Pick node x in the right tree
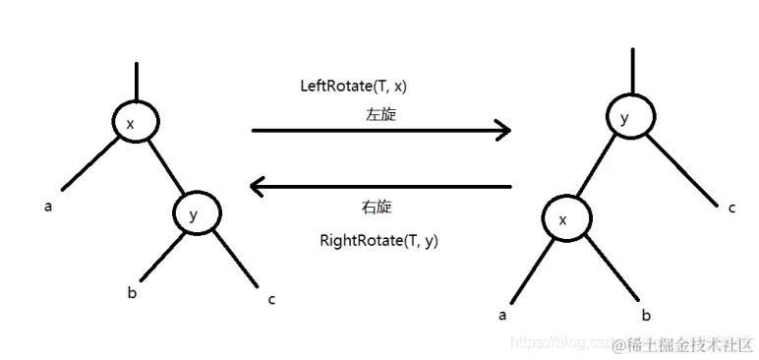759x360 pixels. click(565, 220)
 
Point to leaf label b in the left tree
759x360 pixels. click(131, 291)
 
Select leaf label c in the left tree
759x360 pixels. click(271, 299)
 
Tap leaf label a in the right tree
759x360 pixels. click(503, 315)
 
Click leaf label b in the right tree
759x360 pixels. click(646, 315)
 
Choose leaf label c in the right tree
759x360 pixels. click(731, 208)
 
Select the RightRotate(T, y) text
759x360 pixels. click(379, 239)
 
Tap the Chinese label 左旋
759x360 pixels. click(380, 115)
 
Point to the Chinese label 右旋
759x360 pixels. click(378, 208)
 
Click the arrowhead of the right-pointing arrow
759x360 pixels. click(503, 130)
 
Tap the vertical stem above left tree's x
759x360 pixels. click(136, 81)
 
